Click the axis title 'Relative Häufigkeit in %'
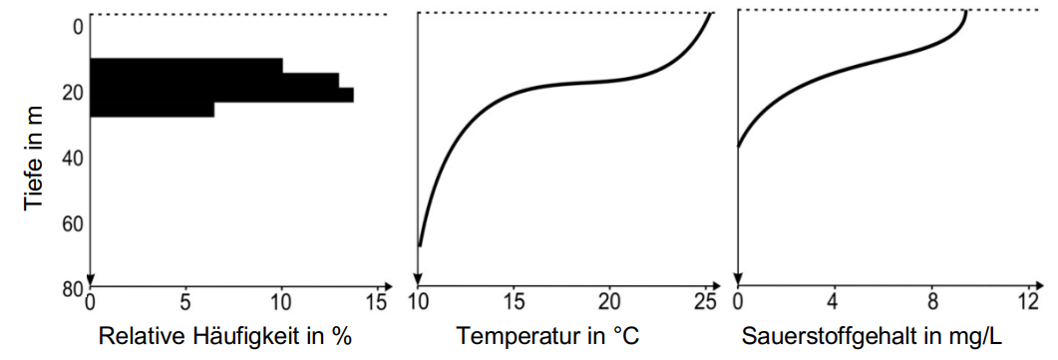coord(225,337)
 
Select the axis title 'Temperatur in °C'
coord(547,337)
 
